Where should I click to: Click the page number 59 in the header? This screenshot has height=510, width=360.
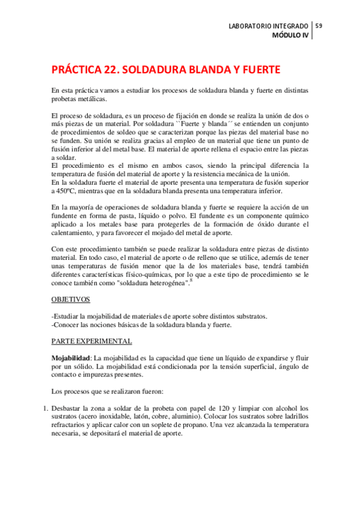pyautogui.click(x=319, y=25)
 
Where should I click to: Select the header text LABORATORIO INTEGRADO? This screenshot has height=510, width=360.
pyautogui.click(x=269, y=26)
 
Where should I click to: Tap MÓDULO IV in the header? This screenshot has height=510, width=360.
pyautogui.click(x=290, y=35)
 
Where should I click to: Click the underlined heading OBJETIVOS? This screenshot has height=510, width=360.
pyautogui.click(x=70, y=299)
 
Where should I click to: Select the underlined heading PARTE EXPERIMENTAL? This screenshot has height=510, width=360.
pyautogui.click(x=92, y=341)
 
